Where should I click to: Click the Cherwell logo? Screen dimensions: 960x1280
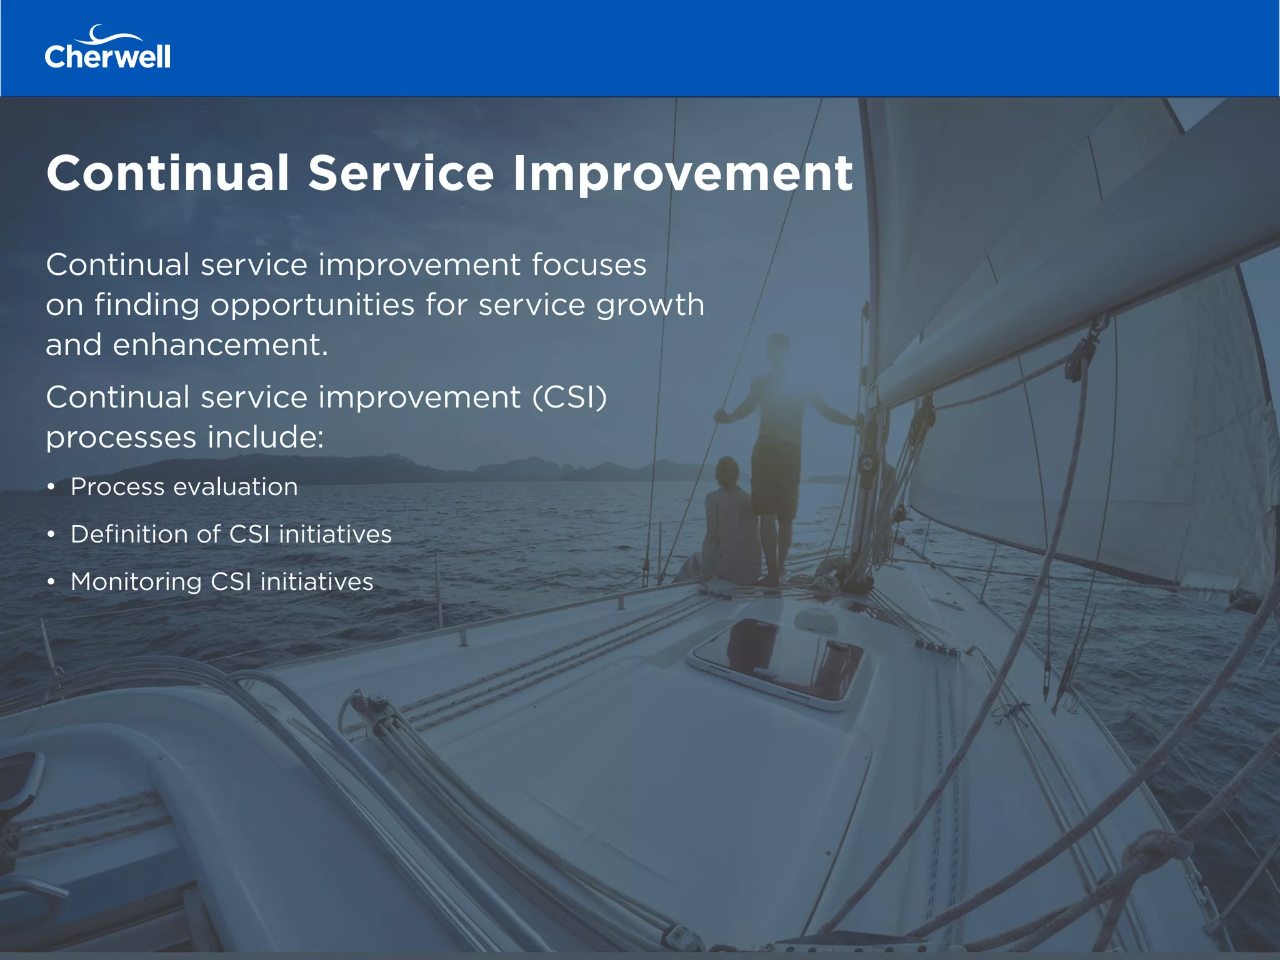click(x=107, y=48)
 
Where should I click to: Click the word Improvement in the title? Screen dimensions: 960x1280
click(x=682, y=173)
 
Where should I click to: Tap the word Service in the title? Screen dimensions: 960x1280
click(x=401, y=173)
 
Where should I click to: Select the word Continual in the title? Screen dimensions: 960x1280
click(x=168, y=173)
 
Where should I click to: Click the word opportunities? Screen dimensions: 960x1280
click(x=312, y=306)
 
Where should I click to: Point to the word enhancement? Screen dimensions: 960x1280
click(x=220, y=345)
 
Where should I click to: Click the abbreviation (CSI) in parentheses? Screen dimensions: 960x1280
click(x=569, y=397)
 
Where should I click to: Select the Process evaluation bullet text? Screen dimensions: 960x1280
click(x=184, y=487)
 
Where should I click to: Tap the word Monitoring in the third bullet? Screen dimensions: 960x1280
click(x=136, y=582)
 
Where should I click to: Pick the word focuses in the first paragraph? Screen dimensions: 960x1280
click(x=589, y=265)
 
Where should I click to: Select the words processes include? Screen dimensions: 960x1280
click(x=185, y=437)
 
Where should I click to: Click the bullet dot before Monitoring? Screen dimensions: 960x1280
click(x=51, y=582)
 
